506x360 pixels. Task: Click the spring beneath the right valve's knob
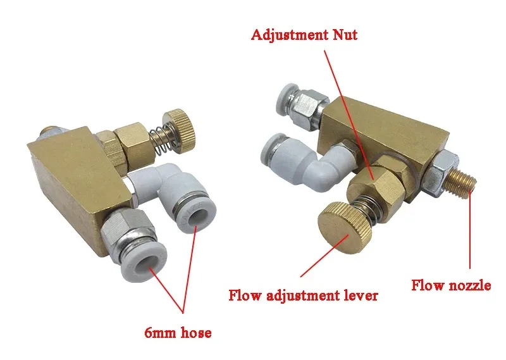pyautogui.click(x=367, y=209)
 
